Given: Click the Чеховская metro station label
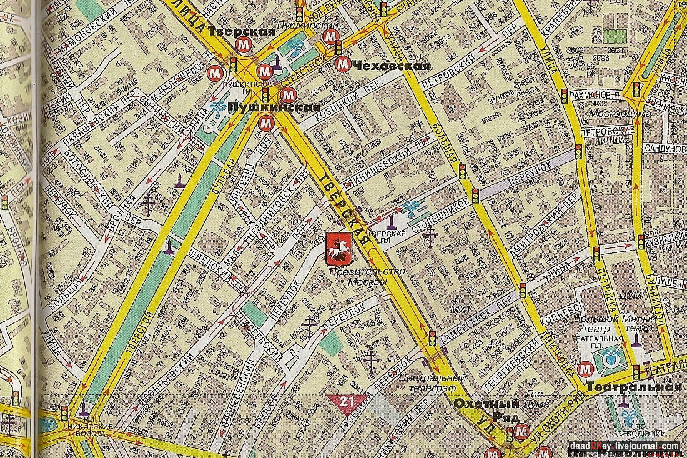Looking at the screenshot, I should pyautogui.click(x=390, y=66).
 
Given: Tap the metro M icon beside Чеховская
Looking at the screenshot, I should pyautogui.click(x=342, y=64).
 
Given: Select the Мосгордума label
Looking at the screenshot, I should pyautogui.click(x=620, y=114).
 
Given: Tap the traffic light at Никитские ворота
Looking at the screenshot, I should pyautogui.click(x=64, y=413).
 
